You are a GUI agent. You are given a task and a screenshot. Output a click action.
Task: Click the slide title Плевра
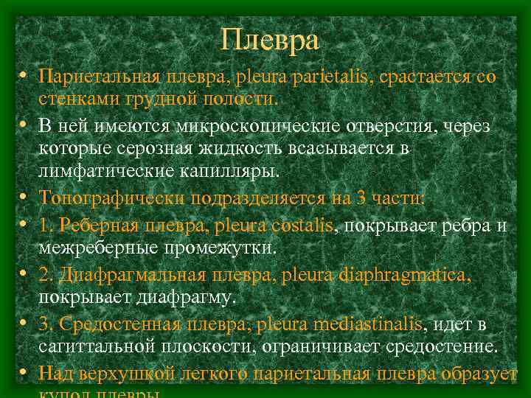pyautogui.click(x=269, y=39)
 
